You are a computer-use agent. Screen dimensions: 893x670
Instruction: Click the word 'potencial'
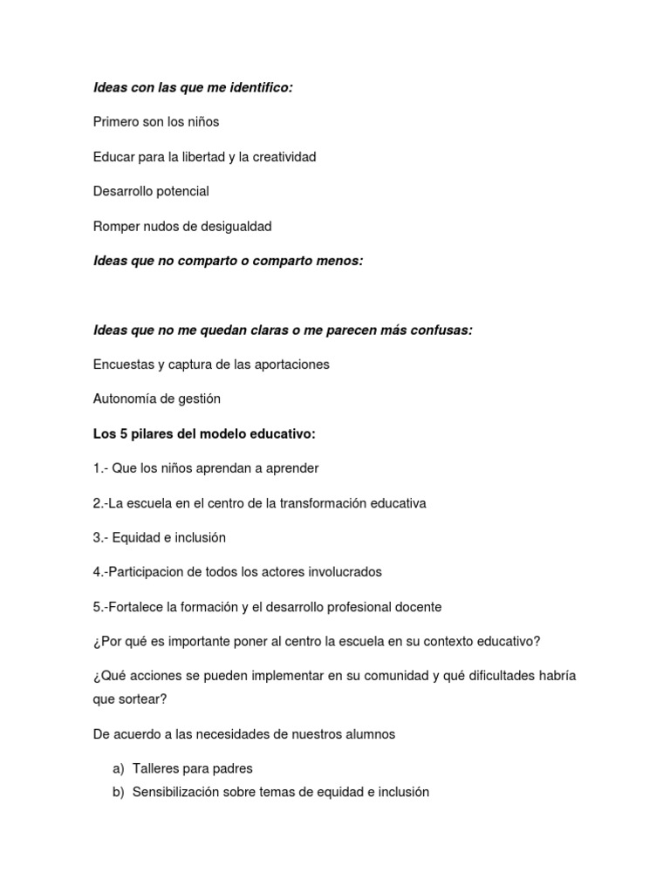coord(181,191)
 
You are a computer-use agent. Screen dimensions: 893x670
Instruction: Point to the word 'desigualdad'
coord(236,226)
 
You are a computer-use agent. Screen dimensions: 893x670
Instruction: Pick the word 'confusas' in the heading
coord(443,330)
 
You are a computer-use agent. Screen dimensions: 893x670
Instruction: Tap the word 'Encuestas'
coord(121,365)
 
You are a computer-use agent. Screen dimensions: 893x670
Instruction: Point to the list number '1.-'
coord(101,468)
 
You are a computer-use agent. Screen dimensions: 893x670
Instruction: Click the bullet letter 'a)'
coord(119,768)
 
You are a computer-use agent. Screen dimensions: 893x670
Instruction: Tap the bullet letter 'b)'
coord(119,793)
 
